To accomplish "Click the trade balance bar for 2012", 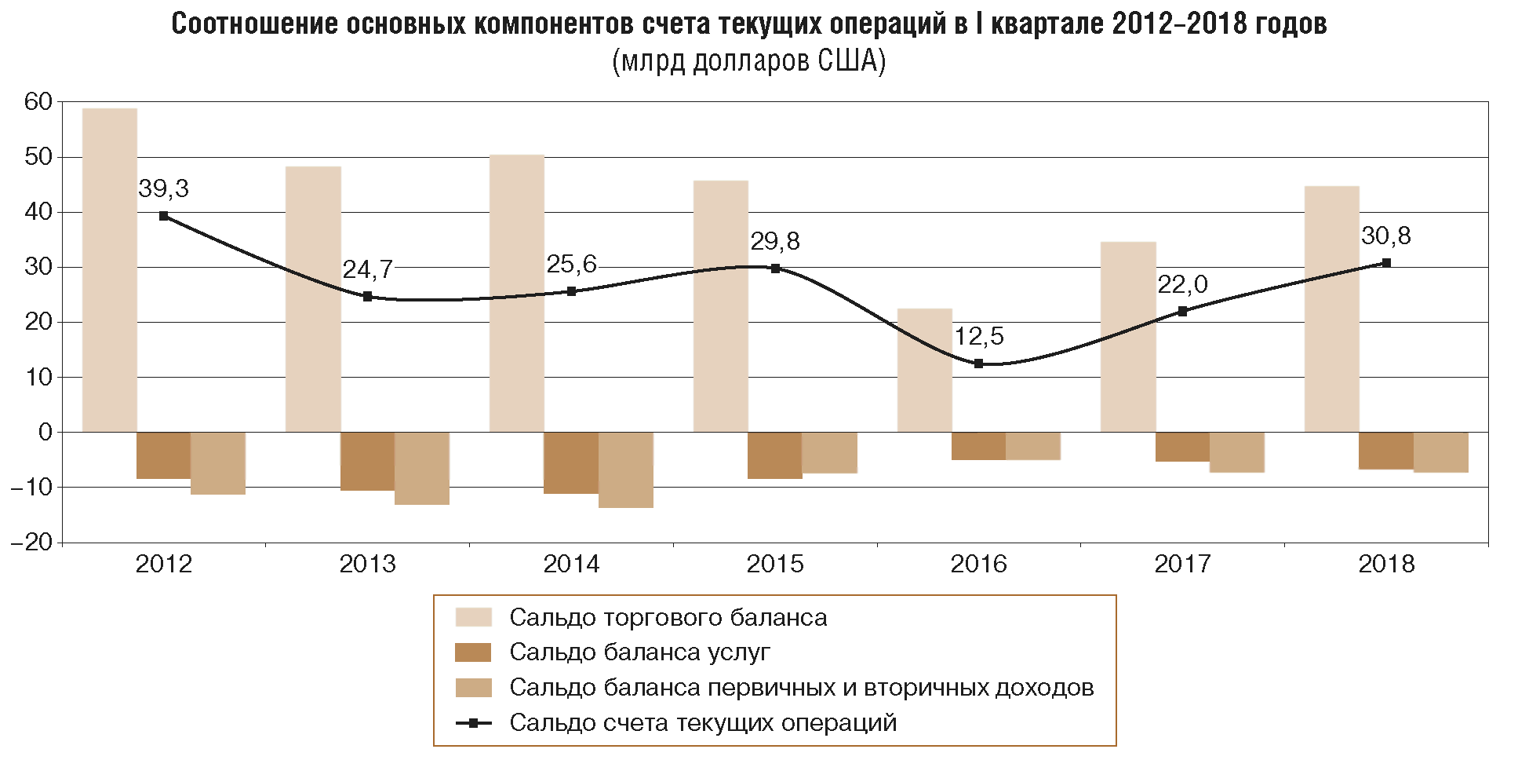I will point(109,270).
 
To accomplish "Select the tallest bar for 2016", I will point(924,370).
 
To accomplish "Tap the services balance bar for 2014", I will point(571,462).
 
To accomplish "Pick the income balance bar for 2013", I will point(422,468).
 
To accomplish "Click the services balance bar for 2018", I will point(1386,451).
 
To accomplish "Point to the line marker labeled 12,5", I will point(978,364).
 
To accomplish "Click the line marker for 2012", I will point(163,216).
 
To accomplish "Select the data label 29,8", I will point(775,242).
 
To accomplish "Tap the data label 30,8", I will point(1386,236).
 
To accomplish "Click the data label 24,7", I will point(367,270).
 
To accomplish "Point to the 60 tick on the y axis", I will point(38,102).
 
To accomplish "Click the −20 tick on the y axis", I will point(32,543).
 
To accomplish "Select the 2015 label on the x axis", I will point(775,565).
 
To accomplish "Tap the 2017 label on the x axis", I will point(1182,565).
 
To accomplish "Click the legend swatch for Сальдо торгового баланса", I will point(473,618).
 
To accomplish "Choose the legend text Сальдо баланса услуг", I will point(639,652).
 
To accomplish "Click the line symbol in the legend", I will point(473,722).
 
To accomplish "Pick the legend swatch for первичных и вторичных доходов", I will point(473,688).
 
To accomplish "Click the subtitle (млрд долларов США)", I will point(748,61).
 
